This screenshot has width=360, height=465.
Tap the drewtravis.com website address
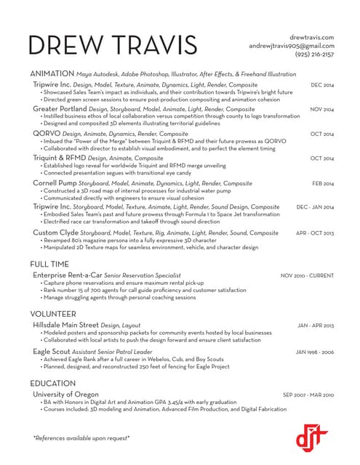coord(311,37)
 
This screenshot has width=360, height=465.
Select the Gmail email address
coord(291,46)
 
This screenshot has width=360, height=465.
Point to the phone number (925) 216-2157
coord(314,54)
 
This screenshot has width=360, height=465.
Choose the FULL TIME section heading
coord(50,264)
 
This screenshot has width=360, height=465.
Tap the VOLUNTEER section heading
coord(53,314)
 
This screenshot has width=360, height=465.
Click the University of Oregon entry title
coord(68,395)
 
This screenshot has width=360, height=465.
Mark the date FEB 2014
coord(323,184)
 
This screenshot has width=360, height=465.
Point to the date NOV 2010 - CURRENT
coord(307,276)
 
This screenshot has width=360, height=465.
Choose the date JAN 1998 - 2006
coord(314,352)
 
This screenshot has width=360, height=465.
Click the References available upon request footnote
coord(81,437)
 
